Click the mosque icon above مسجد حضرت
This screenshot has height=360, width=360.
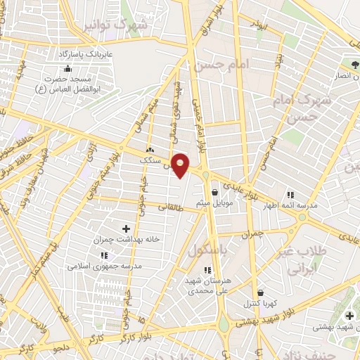point(67,68)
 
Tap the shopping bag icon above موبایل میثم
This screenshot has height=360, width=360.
point(214,192)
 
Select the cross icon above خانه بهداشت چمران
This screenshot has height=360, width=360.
point(127,229)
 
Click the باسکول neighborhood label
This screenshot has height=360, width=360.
point(207,250)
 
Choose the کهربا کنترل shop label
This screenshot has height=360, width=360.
point(261,304)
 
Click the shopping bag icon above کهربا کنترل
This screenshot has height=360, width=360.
point(261,292)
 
